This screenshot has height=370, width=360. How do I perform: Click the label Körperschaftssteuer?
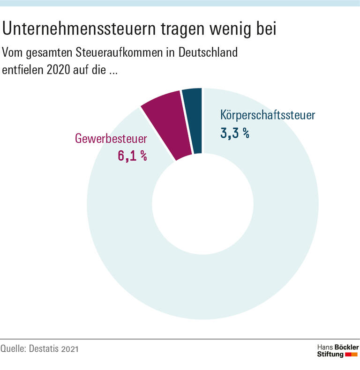tap(268, 115)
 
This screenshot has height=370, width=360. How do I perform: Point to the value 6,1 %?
tap(132, 156)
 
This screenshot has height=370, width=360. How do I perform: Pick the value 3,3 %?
tap(234, 133)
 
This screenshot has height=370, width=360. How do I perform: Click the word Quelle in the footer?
tap(13, 349)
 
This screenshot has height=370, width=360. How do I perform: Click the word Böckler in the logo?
tap(346, 347)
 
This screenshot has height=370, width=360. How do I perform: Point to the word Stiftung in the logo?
tap(330, 355)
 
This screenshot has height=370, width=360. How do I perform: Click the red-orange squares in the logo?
tap(351, 355)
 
